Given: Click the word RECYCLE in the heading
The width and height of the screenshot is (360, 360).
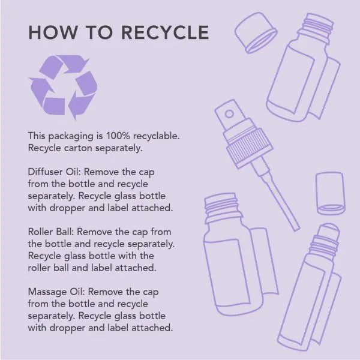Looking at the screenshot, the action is point(165,32).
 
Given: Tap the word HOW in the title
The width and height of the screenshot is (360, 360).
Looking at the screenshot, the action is point(53,32).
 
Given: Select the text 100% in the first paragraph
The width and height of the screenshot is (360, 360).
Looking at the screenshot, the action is point(118,136).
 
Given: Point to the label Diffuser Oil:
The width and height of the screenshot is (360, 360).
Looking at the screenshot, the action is point(54,172).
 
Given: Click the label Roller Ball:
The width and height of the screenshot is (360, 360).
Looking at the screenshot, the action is point(51,232).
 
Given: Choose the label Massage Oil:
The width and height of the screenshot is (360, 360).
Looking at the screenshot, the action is point(56,292).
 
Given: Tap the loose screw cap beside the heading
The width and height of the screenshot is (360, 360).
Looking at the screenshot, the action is point(256,32).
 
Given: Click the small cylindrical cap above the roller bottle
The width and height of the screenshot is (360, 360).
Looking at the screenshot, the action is point(331,194).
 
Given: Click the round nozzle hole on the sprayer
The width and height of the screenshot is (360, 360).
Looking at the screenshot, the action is point(229,113).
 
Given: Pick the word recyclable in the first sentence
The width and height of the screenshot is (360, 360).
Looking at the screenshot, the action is point(157,136).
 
